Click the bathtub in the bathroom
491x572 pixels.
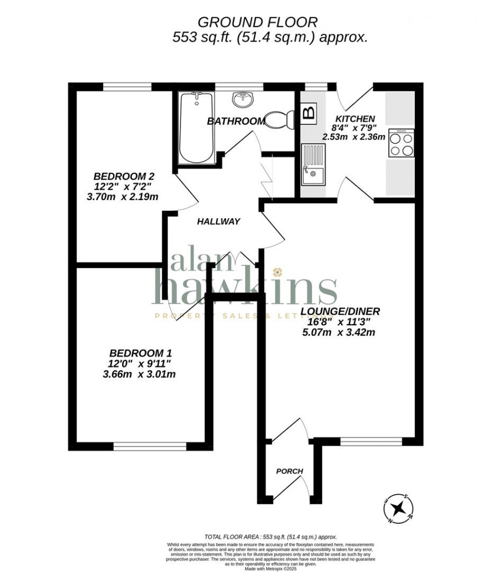pos(197,128)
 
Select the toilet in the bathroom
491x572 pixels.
pos(279,120)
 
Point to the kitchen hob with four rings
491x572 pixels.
pos(401,144)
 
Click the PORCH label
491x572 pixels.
pos(290,471)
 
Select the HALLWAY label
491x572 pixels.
pos(218,221)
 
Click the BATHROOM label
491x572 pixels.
pos(236,121)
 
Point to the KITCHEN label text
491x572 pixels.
pos(355,119)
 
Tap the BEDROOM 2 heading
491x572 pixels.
pos(124,176)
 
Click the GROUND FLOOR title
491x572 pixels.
pos(258,22)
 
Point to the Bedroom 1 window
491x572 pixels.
pos(150,446)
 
